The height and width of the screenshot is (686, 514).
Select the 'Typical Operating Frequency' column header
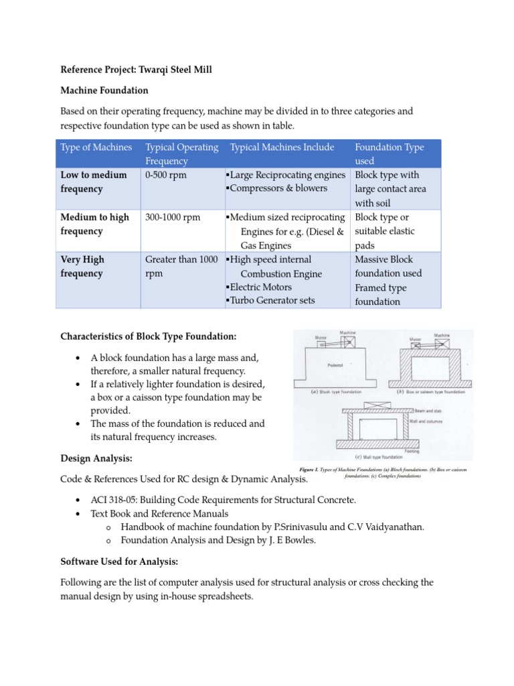pos(181,154)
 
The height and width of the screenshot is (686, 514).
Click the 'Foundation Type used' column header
pos(389,154)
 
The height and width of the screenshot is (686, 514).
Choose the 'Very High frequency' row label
pos(82,266)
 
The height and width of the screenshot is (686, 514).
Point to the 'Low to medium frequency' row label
pos(93,182)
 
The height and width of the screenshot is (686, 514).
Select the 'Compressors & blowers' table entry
pos(270,188)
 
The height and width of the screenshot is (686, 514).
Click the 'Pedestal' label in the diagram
pos(335,366)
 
